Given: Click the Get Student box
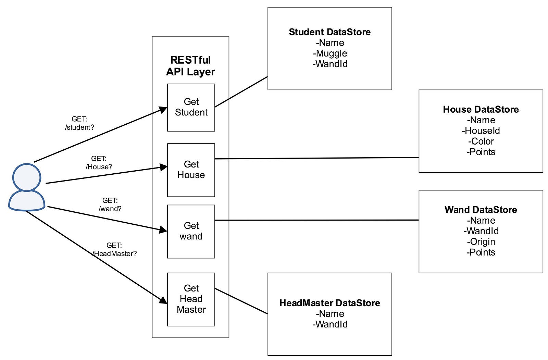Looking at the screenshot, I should tap(191, 107).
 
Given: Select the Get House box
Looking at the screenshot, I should tap(191, 170).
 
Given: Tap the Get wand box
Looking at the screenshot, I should tap(191, 231).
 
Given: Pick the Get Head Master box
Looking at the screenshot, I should tap(191, 299).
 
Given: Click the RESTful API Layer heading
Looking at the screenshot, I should tap(190, 66).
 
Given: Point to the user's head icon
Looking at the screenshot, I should tap(27, 177).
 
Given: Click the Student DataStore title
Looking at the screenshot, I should tap(329, 32).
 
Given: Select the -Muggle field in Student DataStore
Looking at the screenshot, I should tap(330, 53).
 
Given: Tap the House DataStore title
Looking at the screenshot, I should tap(481, 110).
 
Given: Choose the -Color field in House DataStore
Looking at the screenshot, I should tap(481, 141).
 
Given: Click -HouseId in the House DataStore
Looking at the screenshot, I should tap(481, 131).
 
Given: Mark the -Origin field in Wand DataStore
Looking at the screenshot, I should tap(481, 242).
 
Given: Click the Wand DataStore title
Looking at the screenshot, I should tap(481, 210).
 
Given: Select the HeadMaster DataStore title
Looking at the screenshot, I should tap(329, 303).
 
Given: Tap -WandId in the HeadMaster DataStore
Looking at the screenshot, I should tap(330, 324).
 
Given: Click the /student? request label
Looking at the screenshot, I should tap(79, 127).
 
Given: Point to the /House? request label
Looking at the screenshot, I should tap(99, 167).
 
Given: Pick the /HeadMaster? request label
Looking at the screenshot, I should tap(115, 254).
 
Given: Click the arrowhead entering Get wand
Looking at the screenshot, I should tap(163, 230).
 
